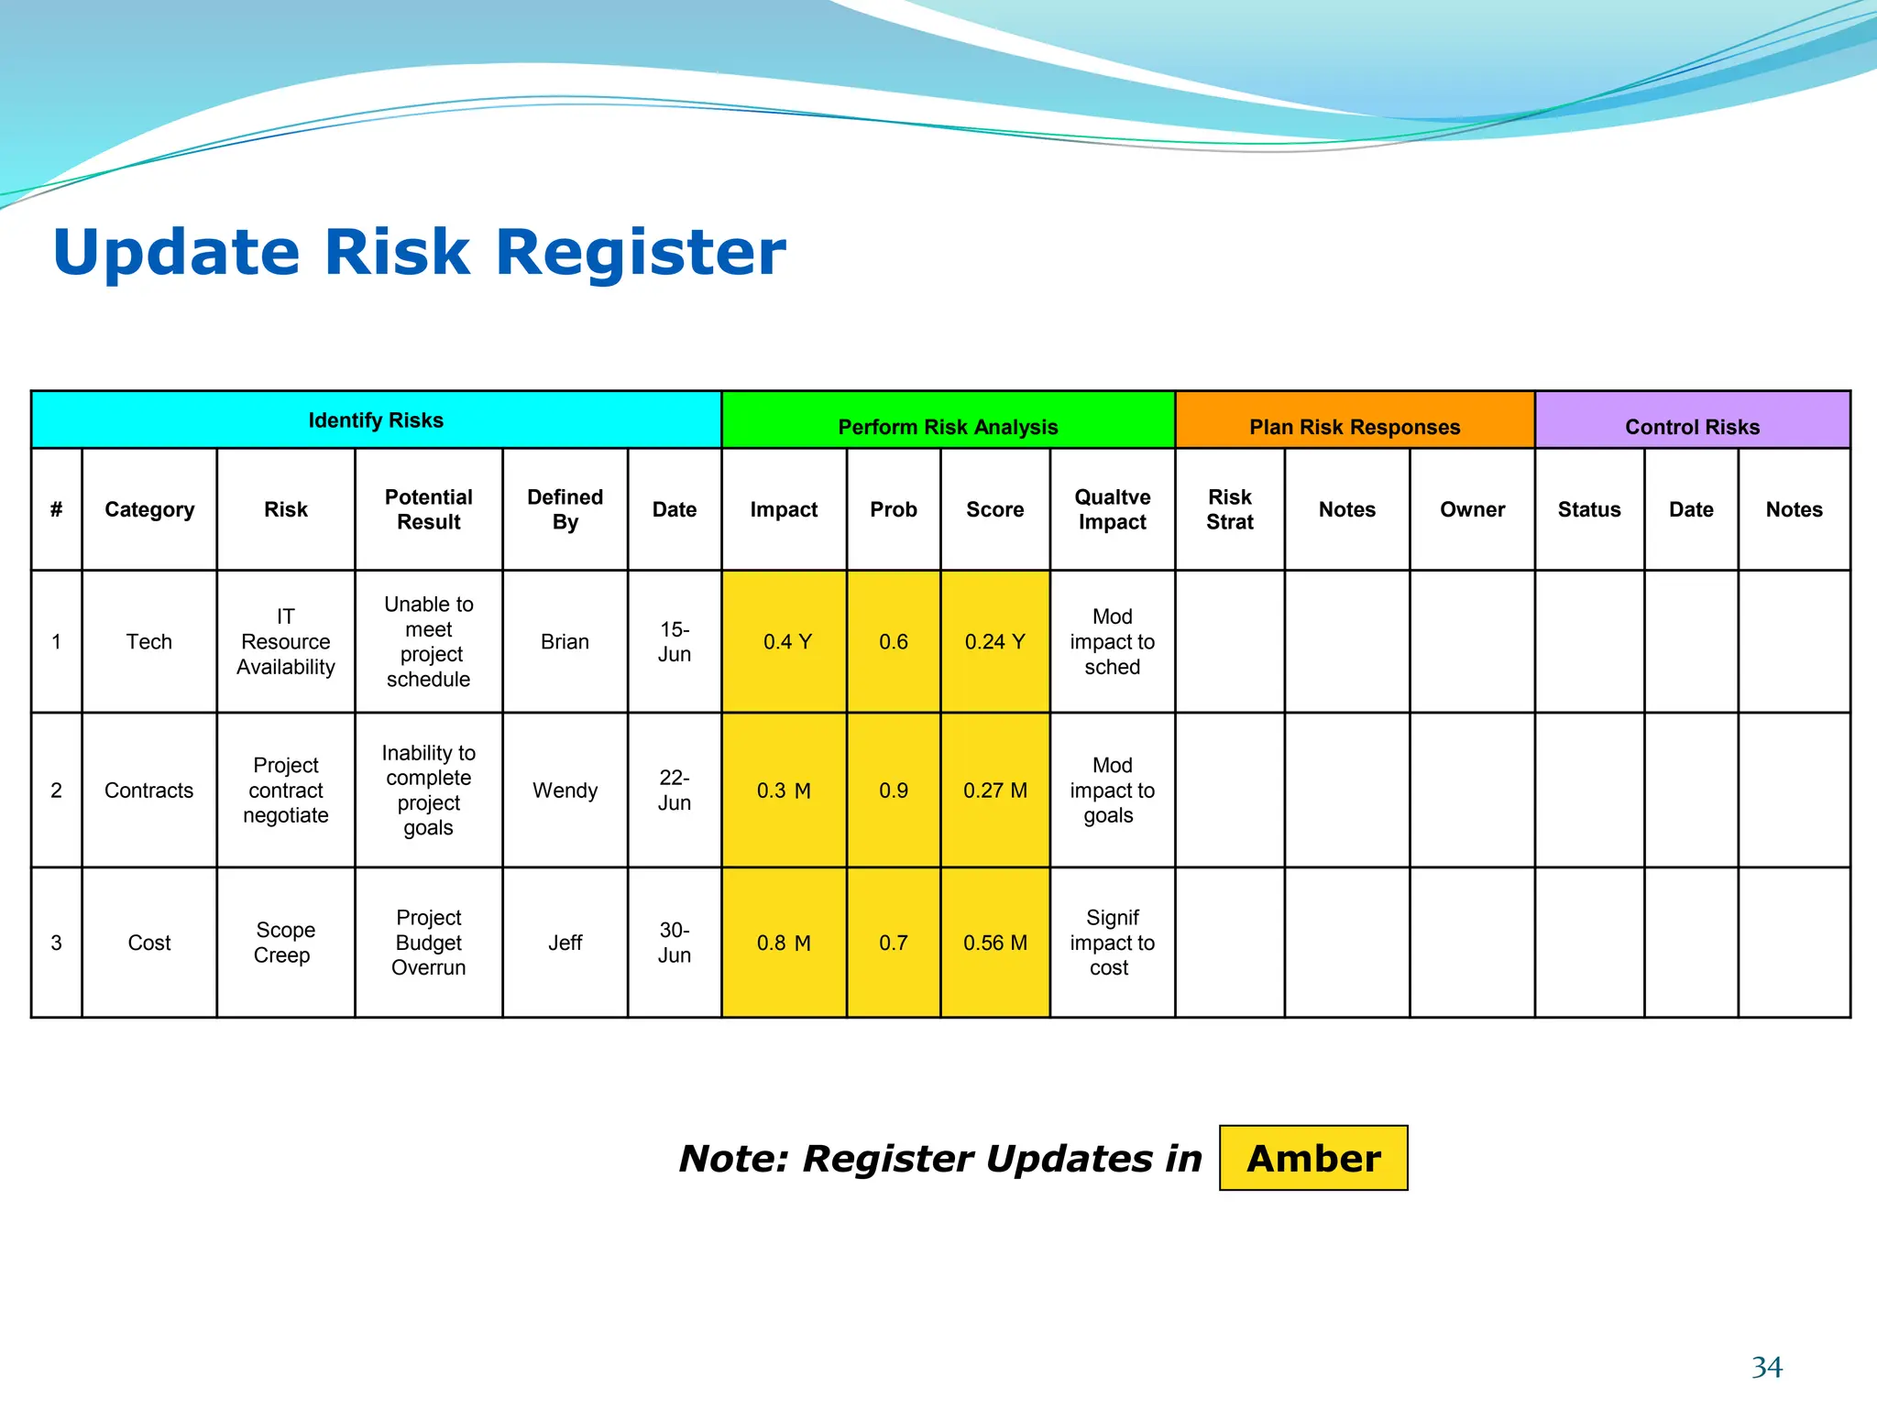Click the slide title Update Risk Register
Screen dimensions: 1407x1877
(419, 252)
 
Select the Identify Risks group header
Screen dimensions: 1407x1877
(376, 420)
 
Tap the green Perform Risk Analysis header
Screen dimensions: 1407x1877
(948, 426)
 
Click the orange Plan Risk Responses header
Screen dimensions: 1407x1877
(1355, 426)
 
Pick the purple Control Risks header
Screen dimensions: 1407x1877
(1692, 426)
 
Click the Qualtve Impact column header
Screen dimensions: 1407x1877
(1112, 509)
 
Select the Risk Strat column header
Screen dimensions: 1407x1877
(1229, 509)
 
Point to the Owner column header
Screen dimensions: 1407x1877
(1472, 509)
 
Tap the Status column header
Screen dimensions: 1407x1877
(1589, 509)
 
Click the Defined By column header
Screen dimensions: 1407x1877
(565, 509)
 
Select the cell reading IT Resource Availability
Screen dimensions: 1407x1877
(286, 641)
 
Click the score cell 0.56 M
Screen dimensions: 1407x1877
(994, 943)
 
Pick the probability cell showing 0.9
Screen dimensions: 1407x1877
(893, 791)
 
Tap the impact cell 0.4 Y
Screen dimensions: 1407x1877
(786, 641)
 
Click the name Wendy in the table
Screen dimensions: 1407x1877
(565, 791)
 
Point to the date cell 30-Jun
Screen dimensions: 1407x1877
(674, 943)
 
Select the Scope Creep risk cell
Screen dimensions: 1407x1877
(285, 943)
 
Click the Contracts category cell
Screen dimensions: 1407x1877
(149, 791)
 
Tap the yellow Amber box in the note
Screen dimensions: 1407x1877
(1313, 1158)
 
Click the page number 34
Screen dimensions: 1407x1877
(1766, 1367)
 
